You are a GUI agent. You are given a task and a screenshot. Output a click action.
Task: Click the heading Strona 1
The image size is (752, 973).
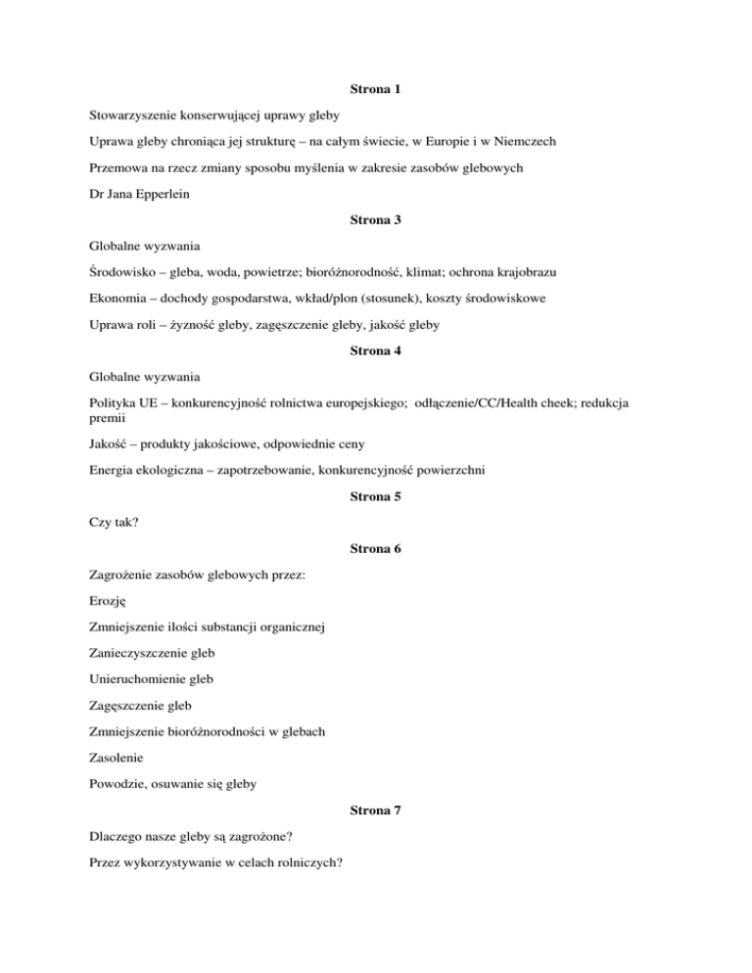point(376,89)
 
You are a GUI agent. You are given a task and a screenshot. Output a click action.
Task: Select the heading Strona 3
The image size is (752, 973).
point(376,220)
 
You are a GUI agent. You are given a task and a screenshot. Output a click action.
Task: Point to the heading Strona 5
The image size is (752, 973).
point(376,496)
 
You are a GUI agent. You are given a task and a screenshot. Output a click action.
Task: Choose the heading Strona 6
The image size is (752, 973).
point(376,549)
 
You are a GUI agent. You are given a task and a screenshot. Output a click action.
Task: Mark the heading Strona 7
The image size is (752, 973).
point(376,812)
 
